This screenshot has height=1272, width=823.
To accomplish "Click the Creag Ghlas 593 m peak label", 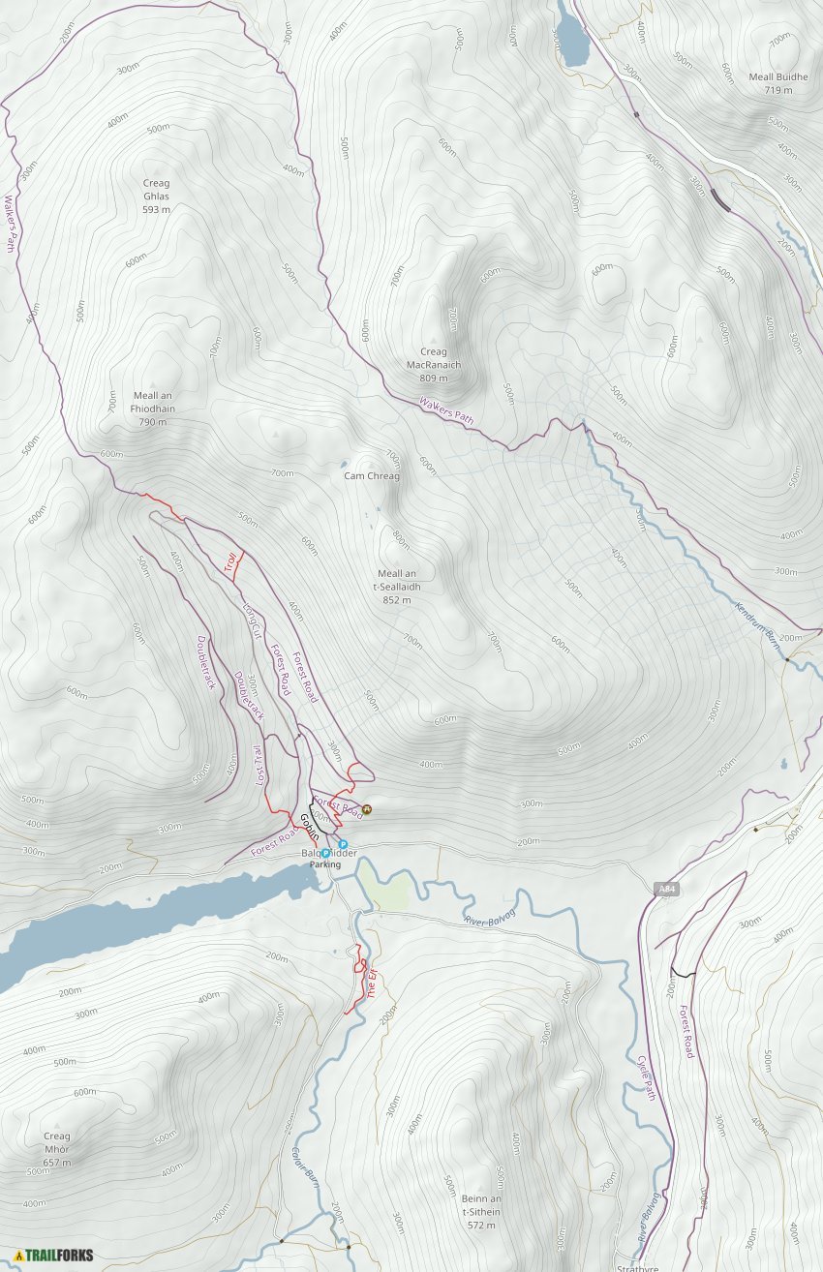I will [x=156, y=196].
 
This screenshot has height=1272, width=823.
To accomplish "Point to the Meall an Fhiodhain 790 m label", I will [x=153, y=409].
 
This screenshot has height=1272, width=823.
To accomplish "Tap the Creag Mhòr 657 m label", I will [x=57, y=1149].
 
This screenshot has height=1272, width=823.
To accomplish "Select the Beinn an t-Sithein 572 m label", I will [x=481, y=1211].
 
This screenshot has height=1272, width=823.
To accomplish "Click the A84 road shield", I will [x=665, y=889].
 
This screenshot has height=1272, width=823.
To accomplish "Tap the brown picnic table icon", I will [x=367, y=810].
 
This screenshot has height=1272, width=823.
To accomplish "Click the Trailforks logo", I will [x=53, y=1256].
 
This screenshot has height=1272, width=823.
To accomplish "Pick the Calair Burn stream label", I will [x=306, y=1168].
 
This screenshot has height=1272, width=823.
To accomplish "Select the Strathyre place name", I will [x=638, y=1267].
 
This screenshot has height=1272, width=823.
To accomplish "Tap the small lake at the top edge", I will [x=571, y=37].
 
